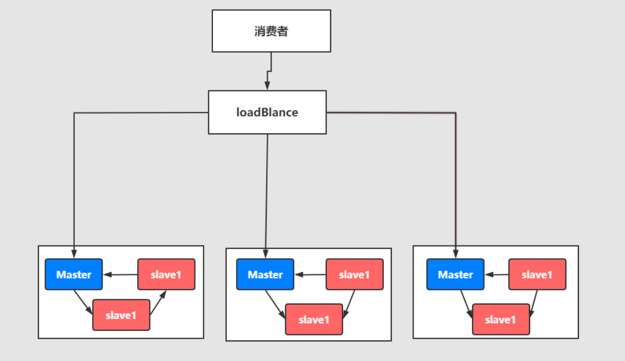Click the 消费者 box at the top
[x=271, y=31]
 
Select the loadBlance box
[x=267, y=112]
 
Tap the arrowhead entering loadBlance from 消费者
[x=267, y=86]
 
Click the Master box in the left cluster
[x=74, y=274]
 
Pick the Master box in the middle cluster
[x=265, y=274]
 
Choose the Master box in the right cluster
[x=455, y=274]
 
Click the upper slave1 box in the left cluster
[x=166, y=274]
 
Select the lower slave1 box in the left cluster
[x=121, y=315]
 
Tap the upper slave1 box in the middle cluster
[x=355, y=274]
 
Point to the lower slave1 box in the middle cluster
[x=314, y=319]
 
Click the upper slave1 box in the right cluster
[x=537, y=274]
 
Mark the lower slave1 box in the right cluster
[x=501, y=319]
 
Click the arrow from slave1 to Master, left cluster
[x=120, y=275]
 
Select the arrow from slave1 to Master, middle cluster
[x=310, y=275]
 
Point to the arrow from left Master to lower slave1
[x=83, y=302]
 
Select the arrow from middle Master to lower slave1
[x=275, y=304]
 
